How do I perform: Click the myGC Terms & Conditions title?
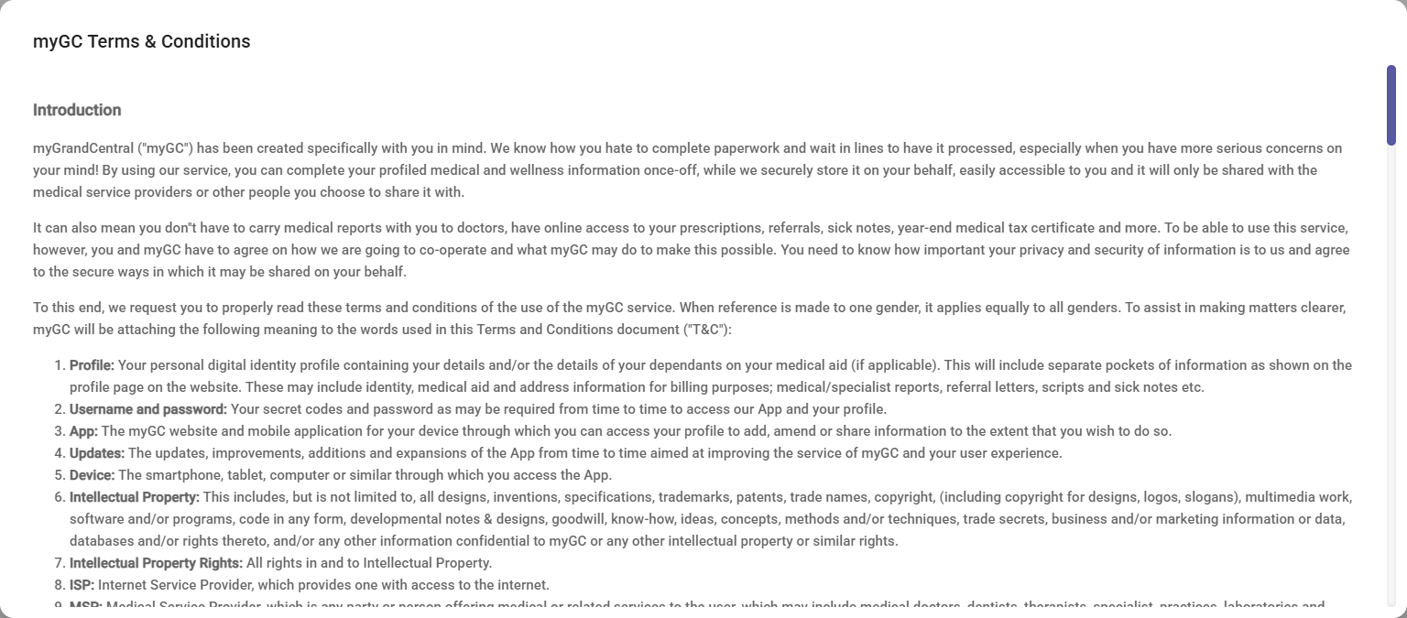141,42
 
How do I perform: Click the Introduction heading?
77,110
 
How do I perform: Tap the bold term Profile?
92,365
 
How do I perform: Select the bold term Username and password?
148,409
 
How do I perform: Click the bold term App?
83,431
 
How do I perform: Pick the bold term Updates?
97,453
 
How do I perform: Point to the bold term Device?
92,475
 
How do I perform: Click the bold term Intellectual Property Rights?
156,563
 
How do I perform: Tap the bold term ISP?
82,585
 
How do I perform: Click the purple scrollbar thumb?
1391,105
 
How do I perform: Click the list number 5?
59,475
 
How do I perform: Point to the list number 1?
59,365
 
